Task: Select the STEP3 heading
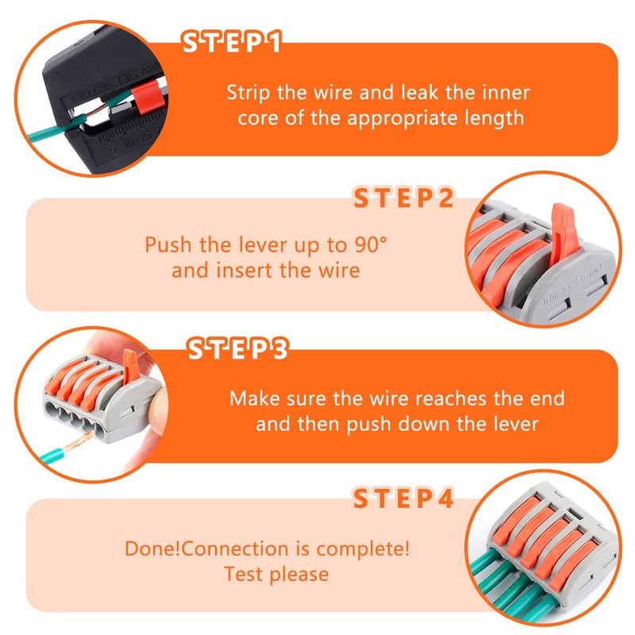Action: coord(237,350)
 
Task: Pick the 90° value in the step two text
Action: coord(370,244)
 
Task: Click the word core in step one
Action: coord(257,118)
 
